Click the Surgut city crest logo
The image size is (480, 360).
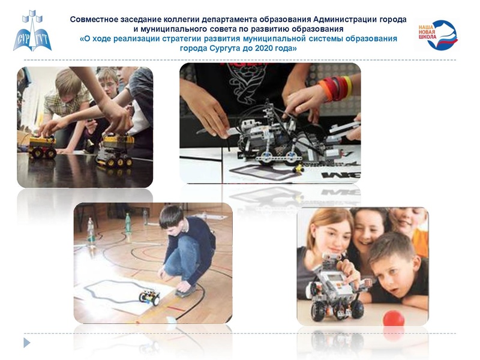tap(32, 32)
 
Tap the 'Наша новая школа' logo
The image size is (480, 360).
tap(436, 35)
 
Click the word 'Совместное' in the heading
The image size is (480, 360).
tap(95, 19)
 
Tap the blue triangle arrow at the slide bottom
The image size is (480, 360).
tap(26, 343)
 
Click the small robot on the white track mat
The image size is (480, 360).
tap(149, 296)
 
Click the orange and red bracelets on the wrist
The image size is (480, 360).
tap(335, 88)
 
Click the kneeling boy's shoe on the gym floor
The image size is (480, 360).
tap(185, 289)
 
